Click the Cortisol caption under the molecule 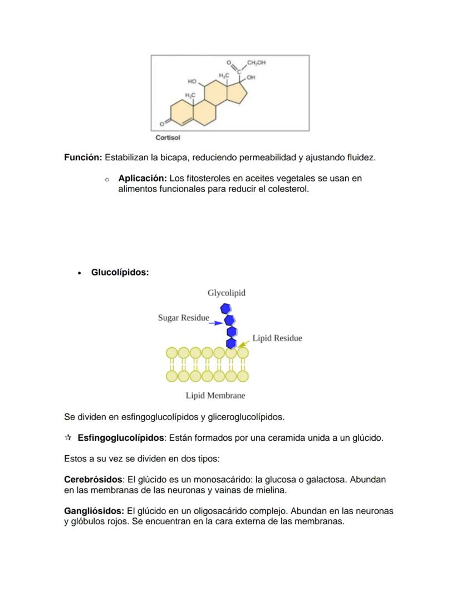[x=168, y=137]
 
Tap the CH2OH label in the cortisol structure [x=256, y=63]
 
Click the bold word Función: [x=83, y=158]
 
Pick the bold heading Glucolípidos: [x=120, y=273]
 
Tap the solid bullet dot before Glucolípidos [x=80, y=273]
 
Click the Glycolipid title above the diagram [x=226, y=293]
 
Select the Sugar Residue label [x=183, y=318]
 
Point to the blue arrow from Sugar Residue [x=216, y=322]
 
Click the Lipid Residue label [x=277, y=338]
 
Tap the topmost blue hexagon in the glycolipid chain [x=225, y=308]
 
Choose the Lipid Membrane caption [x=215, y=396]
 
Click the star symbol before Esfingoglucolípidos [x=68, y=438]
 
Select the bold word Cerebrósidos [x=93, y=480]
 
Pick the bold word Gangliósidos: [x=94, y=511]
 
